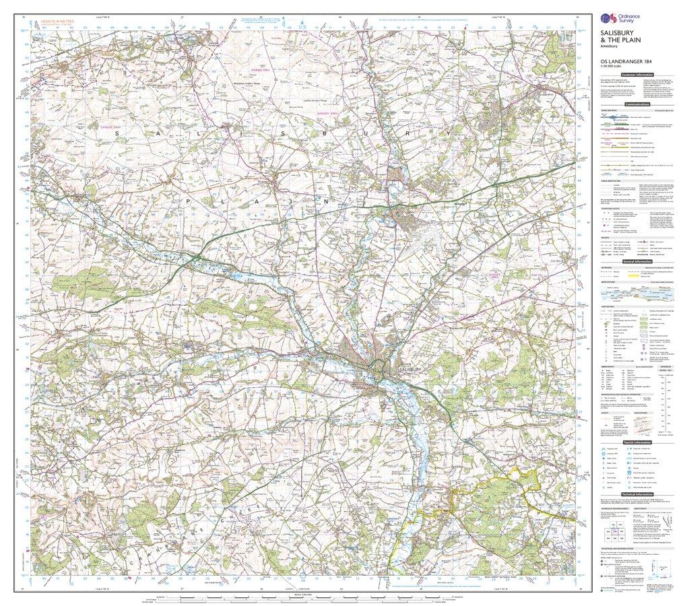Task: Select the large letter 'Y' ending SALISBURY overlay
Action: tap(450, 134)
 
